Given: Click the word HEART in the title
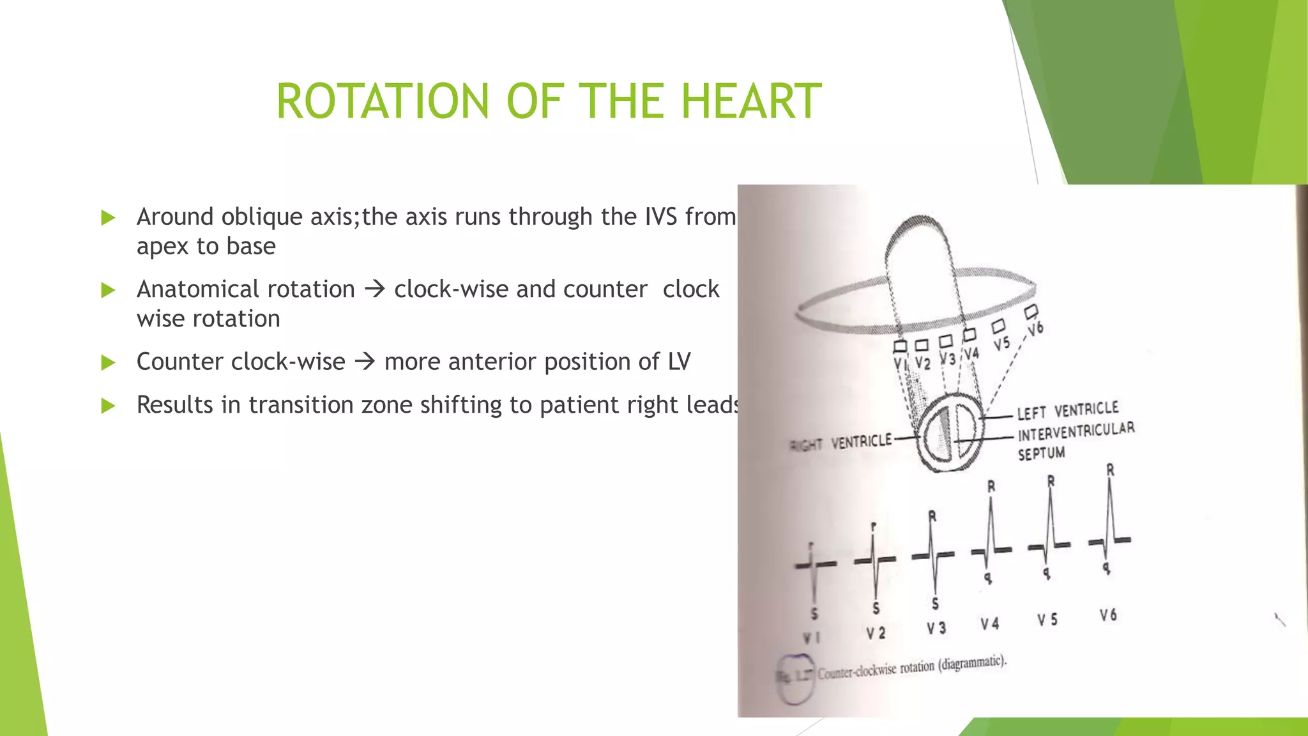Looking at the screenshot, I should [x=751, y=102].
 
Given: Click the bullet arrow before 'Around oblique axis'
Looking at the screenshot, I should [x=108, y=218].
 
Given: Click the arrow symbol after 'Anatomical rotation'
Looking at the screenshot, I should [x=375, y=289].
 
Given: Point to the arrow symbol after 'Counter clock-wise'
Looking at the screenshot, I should [x=365, y=362].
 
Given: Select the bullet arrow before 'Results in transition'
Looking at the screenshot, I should [x=108, y=406].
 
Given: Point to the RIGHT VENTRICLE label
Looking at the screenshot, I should [x=840, y=443].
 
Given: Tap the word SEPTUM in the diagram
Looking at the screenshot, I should [x=1041, y=454].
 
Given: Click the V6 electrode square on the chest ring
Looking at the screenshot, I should [x=1031, y=312].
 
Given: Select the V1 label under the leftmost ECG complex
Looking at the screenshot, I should [x=811, y=638].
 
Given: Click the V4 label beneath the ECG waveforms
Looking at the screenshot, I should [x=989, y=624].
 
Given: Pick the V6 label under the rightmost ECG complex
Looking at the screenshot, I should [x=1108, y=615].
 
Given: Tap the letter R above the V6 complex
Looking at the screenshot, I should [x=1110, y=470].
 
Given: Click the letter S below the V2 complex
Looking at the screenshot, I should [x=876, y=608].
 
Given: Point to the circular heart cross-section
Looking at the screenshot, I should [x=950, y=433].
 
